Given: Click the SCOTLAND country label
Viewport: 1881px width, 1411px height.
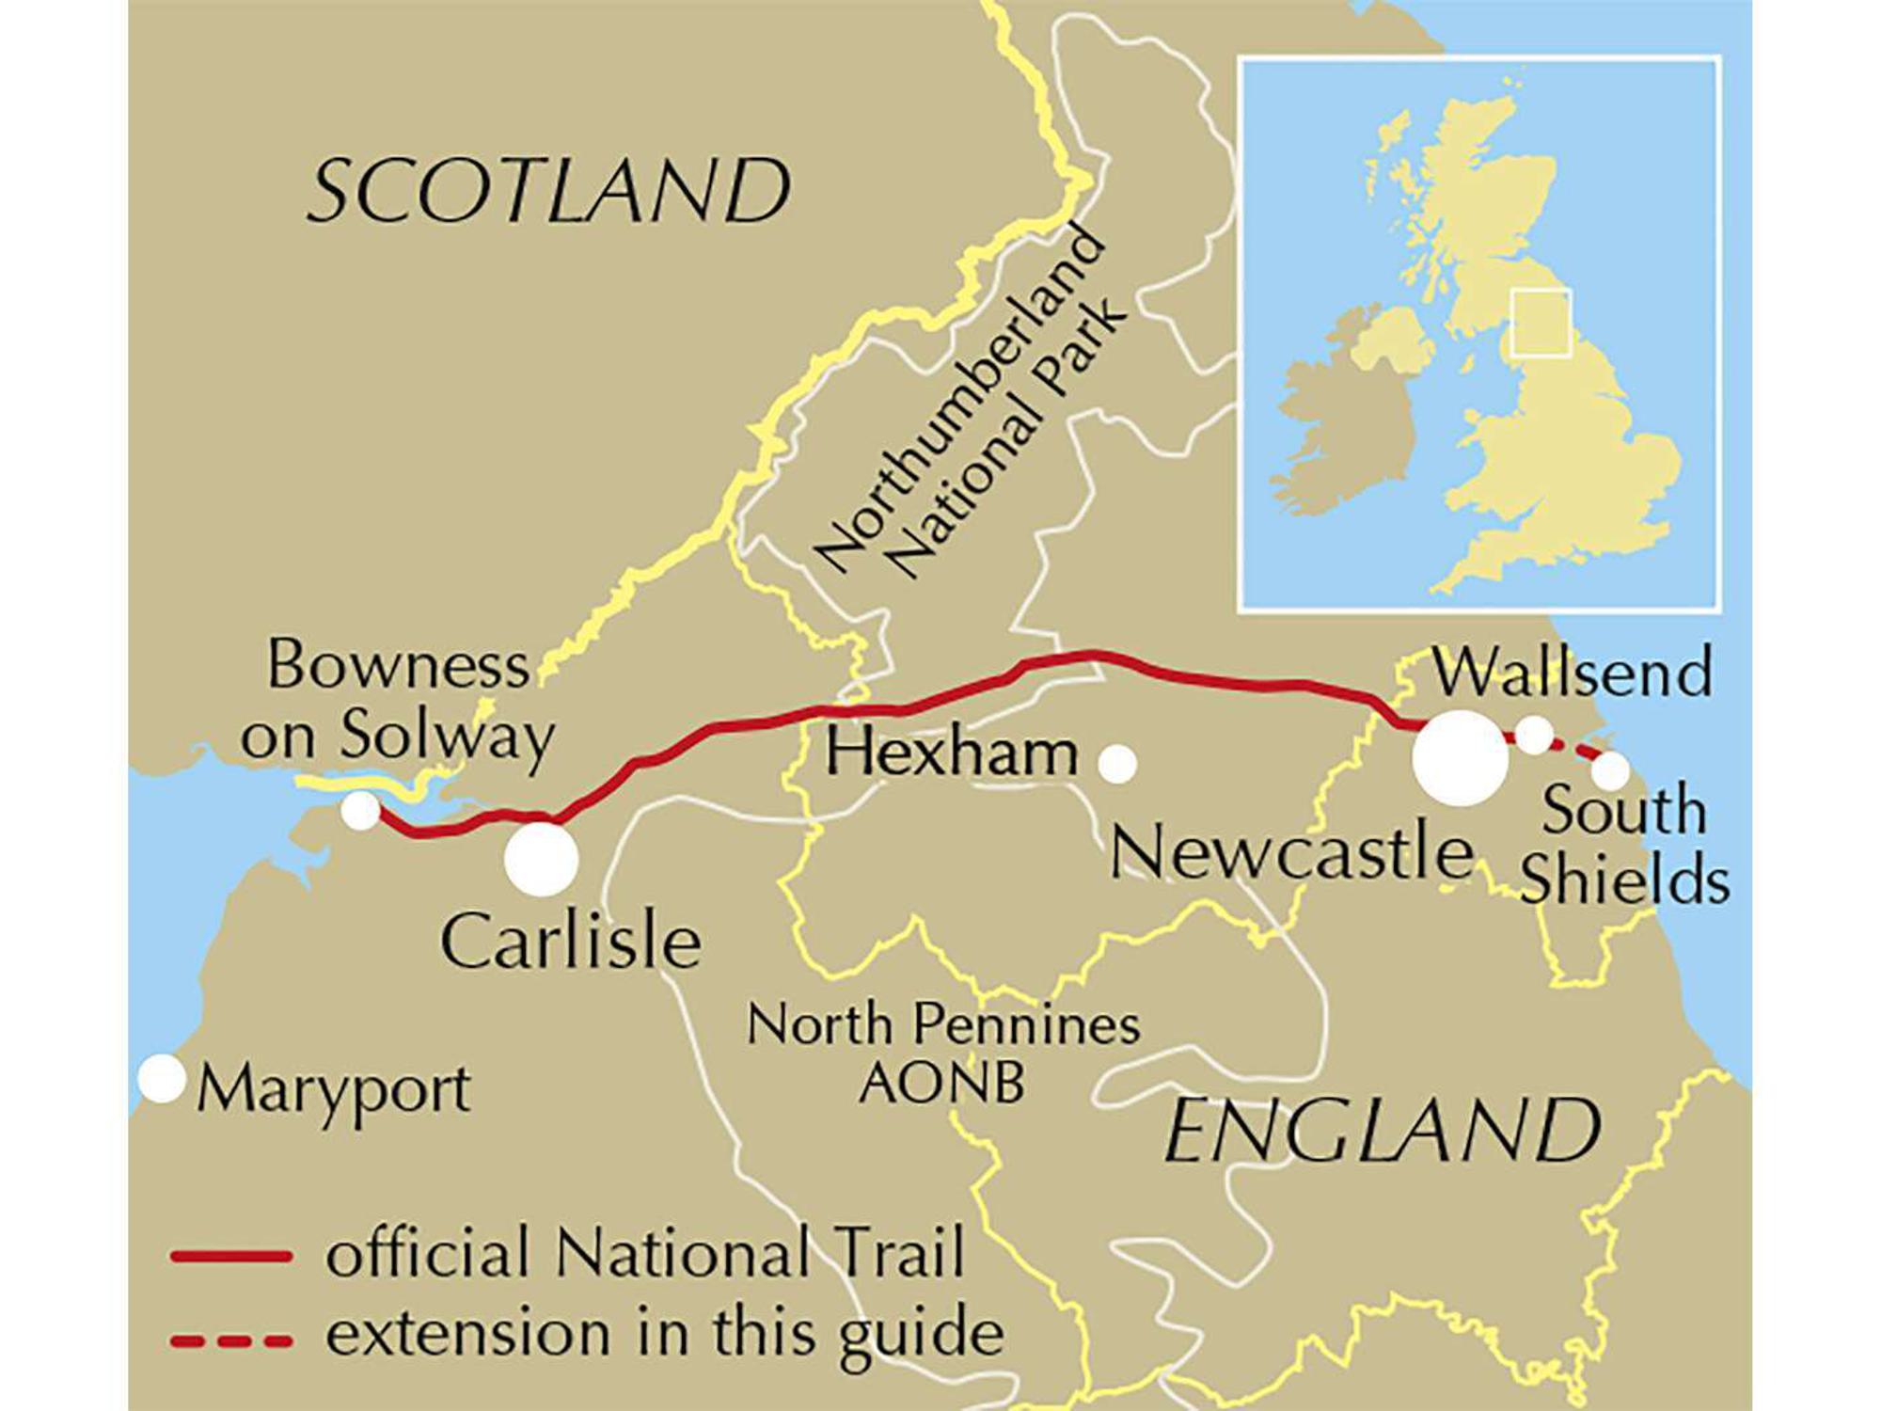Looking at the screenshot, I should click(548, 191).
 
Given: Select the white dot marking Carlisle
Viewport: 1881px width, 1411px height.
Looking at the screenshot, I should click(541, 859).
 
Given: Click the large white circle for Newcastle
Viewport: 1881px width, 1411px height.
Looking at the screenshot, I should click(1460, 758).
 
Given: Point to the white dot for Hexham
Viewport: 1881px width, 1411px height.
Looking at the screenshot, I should click(1117, 764).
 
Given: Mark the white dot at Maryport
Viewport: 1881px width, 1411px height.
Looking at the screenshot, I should click(163, 1079).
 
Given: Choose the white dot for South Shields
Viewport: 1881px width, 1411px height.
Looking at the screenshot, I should click(1610, 771).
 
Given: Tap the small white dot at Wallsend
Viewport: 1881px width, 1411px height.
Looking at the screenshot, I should click(1535, 734).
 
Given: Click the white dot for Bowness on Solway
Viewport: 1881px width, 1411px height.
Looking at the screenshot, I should click(360, 810).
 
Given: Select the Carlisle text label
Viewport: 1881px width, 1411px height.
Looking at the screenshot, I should click(571, 942).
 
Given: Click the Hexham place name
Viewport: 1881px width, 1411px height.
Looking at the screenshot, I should click(951, 754).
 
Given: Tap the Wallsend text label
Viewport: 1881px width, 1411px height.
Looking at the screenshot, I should click(1572, 673).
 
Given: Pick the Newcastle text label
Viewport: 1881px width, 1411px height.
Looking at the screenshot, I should click(1291, 852).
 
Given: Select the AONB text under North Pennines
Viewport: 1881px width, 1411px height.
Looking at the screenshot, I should click(941, 1082).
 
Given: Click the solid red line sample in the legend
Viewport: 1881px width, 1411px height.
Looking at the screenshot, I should click(231, 1256).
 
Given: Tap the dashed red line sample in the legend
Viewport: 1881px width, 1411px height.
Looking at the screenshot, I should click(231, 1340).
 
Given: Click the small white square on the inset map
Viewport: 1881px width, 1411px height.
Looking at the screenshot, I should click(1541, 324).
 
